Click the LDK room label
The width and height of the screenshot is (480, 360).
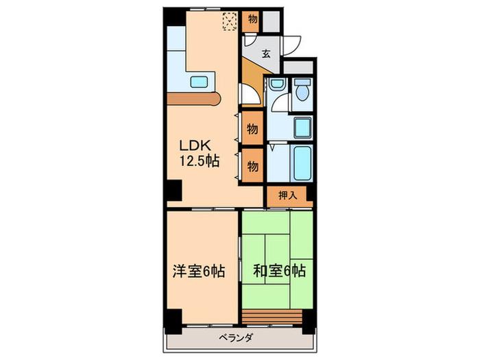[195, 145]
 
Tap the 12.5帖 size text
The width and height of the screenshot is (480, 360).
[200, 160]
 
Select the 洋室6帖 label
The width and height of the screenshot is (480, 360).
[199, 272]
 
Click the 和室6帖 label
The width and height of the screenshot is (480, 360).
[279, 271]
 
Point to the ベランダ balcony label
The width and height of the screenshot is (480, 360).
[236, 338]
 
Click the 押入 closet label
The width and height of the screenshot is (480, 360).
[288, 195]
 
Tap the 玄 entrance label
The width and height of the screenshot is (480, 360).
[266, 54]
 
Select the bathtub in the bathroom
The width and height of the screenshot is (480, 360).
[302, 163]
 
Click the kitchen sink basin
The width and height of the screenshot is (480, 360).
[199, 82]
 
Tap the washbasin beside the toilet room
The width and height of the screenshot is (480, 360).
[278, 84]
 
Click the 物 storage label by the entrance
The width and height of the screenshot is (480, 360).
[252, 19]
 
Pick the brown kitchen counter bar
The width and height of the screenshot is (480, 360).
[194, 99]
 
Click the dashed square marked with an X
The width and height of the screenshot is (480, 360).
[230, 21]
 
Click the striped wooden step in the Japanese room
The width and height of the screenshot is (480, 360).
[272, 317]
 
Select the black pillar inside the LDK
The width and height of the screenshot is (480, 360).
[174, 191]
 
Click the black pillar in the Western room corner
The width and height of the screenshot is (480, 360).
[173, 322]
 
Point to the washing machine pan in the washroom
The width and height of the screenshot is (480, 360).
[303, 127]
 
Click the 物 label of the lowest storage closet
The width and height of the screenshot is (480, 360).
[252, 167]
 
